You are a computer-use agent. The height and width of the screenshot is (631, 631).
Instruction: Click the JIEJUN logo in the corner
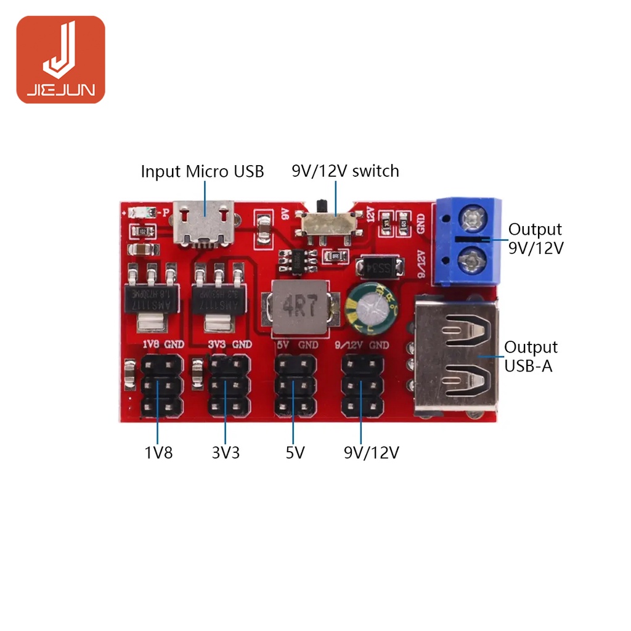(x=60, y=59)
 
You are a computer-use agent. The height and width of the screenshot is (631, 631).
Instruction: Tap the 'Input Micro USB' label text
(x=202, y=171)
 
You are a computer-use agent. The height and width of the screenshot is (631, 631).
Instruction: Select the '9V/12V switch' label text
(x=345, y=171)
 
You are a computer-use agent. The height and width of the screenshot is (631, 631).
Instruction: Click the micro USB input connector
(x=205, y=224)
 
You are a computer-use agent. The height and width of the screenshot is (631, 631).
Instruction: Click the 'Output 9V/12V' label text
(x=535, y=238)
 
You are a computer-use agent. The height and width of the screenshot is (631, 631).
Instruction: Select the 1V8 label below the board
(x=158, y=453)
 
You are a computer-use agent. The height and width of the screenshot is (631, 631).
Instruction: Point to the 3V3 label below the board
(x=226, y=453)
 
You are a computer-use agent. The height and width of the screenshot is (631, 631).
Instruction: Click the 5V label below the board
(x=295, y=453)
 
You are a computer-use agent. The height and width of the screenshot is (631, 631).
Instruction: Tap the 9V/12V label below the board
(x=372, y=453)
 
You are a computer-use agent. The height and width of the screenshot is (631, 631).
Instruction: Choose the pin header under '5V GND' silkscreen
(x=295, y=386)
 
